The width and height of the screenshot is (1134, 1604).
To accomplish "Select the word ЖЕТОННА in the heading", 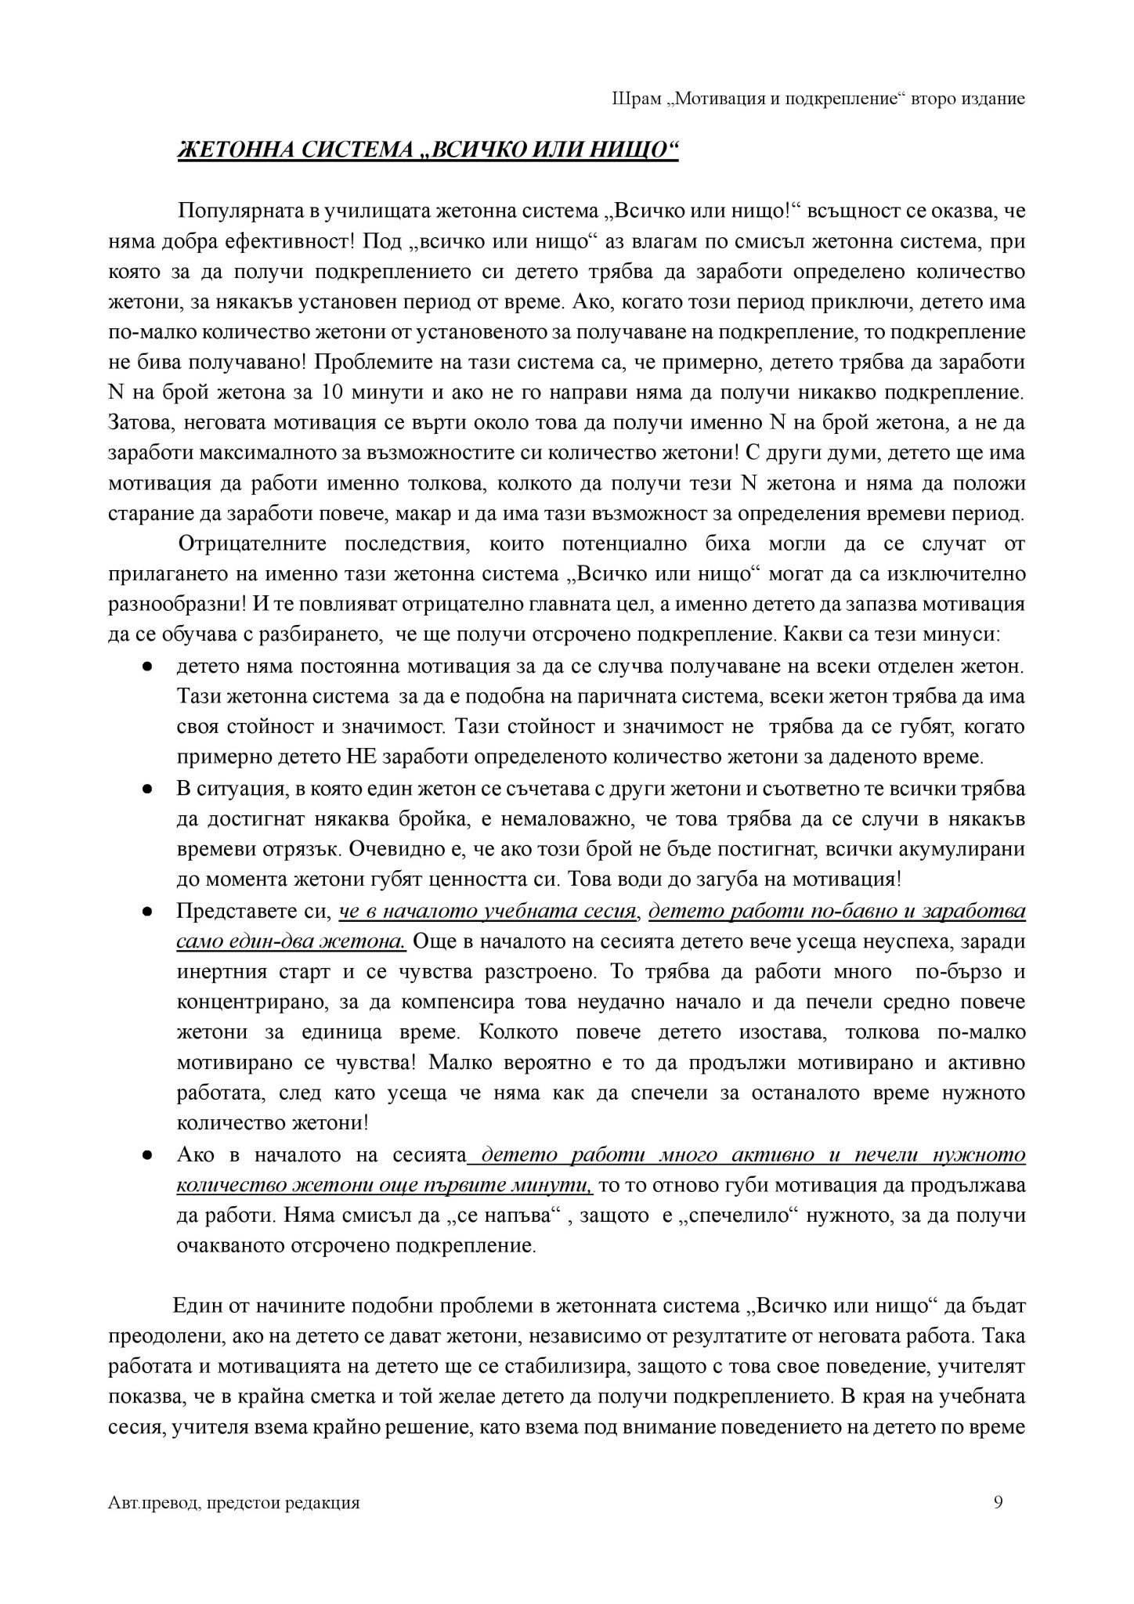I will point(228,151).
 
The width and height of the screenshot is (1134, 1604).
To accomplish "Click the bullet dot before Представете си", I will point(146,913).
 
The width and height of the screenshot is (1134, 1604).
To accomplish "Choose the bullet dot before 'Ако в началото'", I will point(146,1157).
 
